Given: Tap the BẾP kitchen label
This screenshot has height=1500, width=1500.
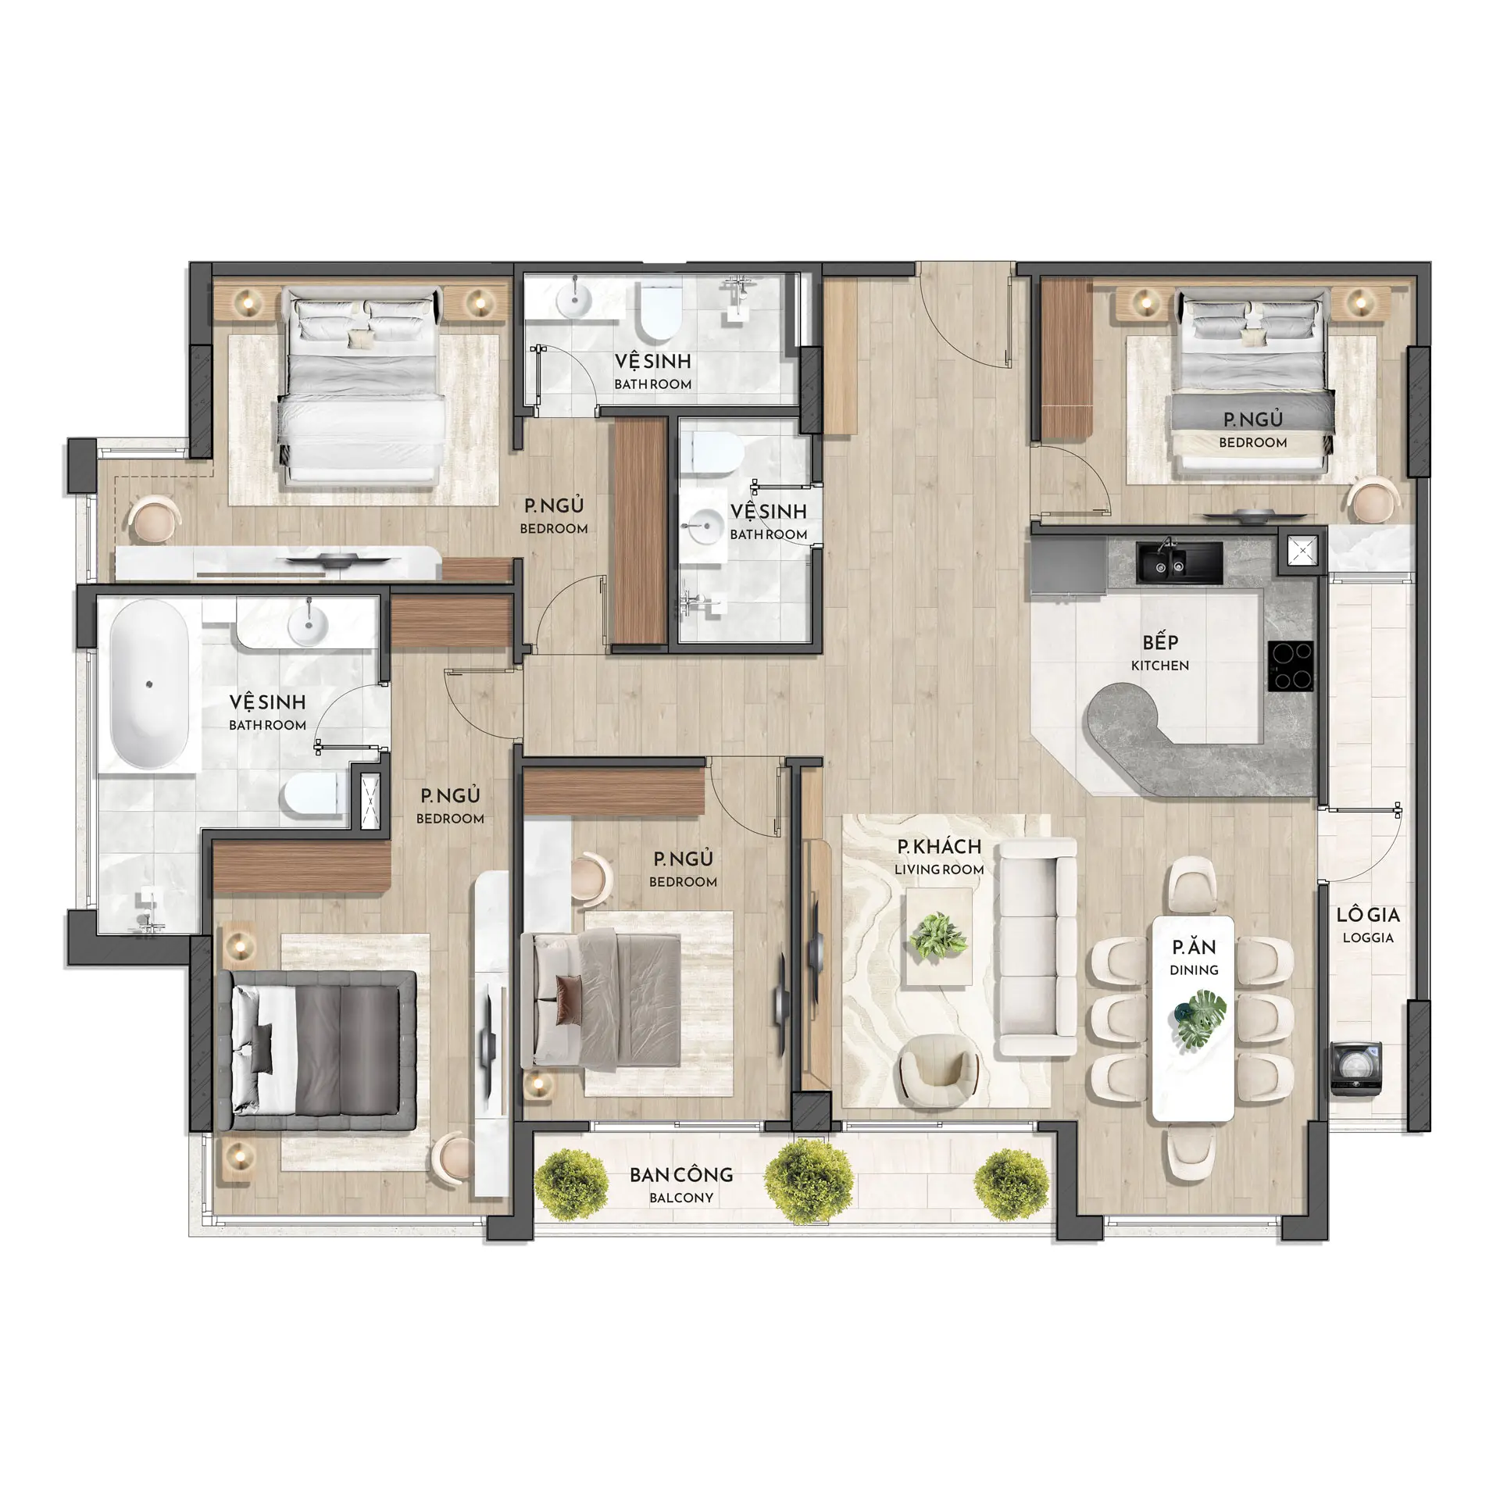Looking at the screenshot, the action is click(1160, 652).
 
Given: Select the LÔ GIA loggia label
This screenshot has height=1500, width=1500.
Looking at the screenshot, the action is click(1368, 924).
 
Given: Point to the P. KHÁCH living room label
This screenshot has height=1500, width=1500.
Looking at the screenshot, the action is click(939, 856).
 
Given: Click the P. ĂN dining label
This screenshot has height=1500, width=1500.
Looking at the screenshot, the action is click(1194, 957).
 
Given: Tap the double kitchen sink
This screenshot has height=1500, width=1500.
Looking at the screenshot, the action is click(1179, 562).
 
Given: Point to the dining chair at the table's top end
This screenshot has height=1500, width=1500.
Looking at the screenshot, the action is click(1193, 887).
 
